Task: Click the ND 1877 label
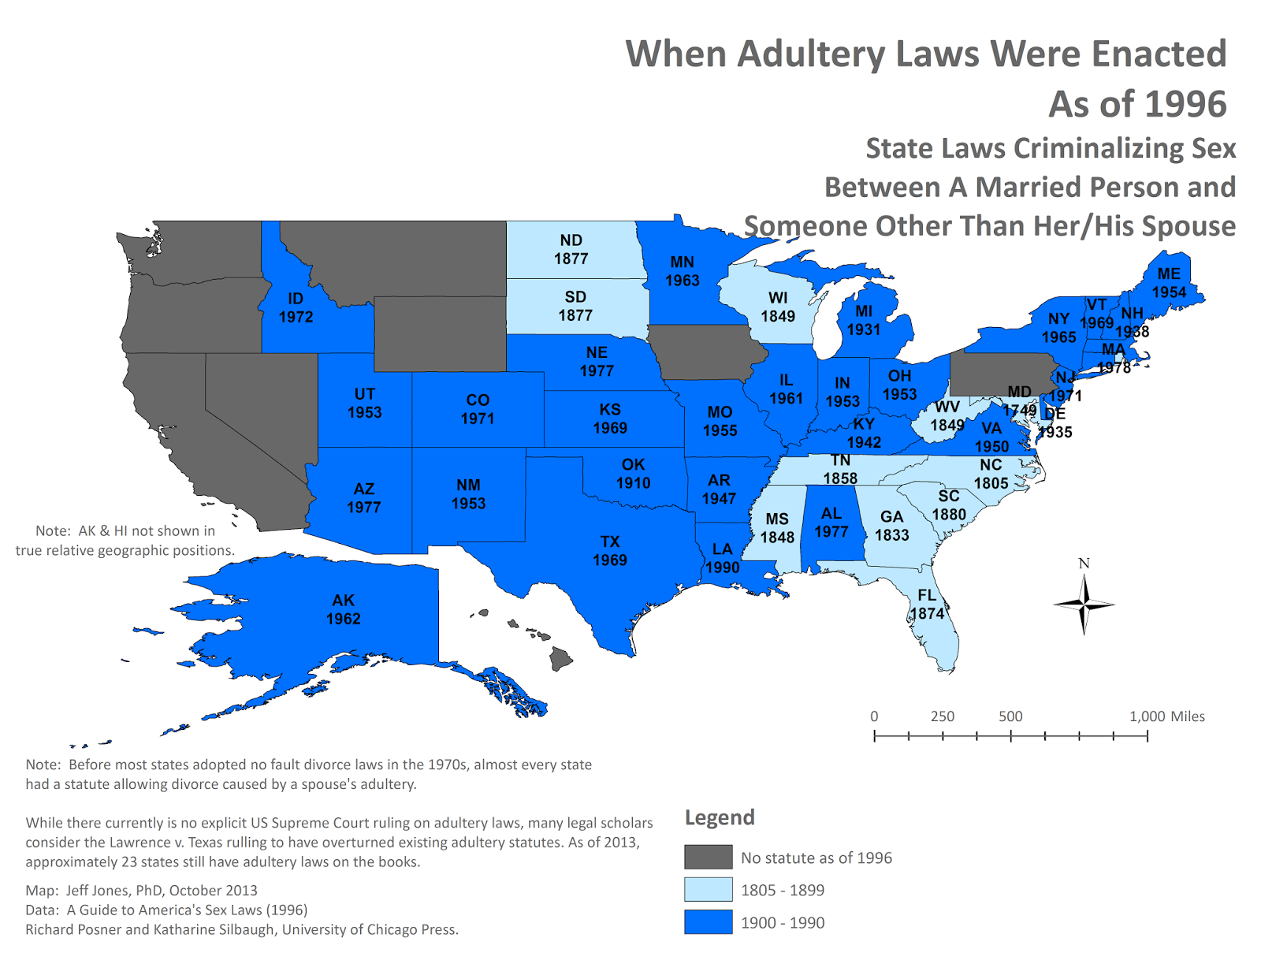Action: (x=571, y=249)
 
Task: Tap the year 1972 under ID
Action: (x=296, y=317)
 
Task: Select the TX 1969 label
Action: (x=610, y=551)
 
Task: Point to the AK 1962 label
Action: (x=343, y=609)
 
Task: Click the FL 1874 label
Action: (x=927, y=605)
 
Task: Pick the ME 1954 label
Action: (x=1169, y=283)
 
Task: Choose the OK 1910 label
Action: (x=633, y=474)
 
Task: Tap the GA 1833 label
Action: (x=891, y=526)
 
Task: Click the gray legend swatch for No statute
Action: (x=708, y=857)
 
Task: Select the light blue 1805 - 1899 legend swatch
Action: (x=708, y=890)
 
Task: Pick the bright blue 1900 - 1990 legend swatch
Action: (x=708, y=922)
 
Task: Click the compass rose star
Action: (x=1084, y=605)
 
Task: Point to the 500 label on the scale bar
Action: (x=1010, y=716)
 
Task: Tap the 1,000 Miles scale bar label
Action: (x=1166, y=716)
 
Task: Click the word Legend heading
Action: (x=720, y=817)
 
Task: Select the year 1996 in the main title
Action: (x=1184, y=105)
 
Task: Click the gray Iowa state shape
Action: (x=705, y=352)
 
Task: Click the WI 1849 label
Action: (x=778, y=307)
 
